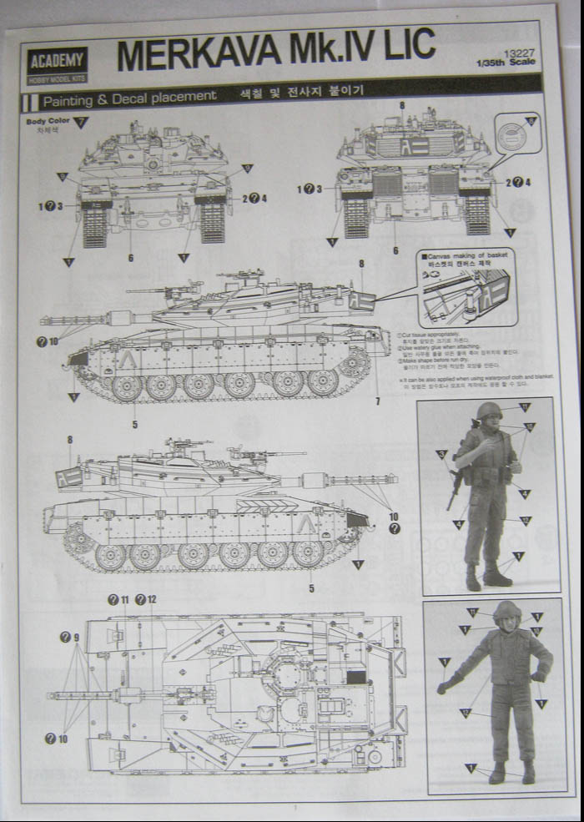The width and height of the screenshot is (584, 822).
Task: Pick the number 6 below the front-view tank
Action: tap(131, 258)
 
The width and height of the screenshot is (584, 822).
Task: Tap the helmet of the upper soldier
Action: tap(489, 410)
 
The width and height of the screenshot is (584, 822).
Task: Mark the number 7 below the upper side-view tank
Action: tap(378, 402)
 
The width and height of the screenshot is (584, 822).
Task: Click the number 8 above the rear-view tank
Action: tap(401, 105)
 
